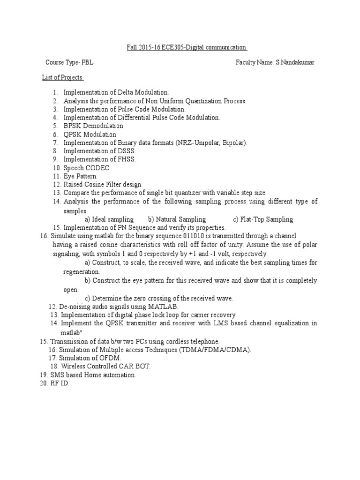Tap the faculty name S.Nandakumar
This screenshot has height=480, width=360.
click(295, 62)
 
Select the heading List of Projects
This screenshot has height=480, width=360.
click(62, 77)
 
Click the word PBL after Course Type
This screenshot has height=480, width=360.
click(91, 62)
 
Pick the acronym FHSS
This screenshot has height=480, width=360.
click(127, 159)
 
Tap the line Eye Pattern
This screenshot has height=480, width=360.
click(81, 176)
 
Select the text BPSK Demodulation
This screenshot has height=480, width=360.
click(93, 126)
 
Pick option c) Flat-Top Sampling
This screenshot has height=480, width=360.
click(263, 219)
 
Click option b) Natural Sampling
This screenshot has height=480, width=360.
click(177, 219)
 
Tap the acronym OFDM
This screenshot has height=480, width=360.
click(111, 358)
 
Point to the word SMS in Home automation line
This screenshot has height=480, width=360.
click(57, 375)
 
